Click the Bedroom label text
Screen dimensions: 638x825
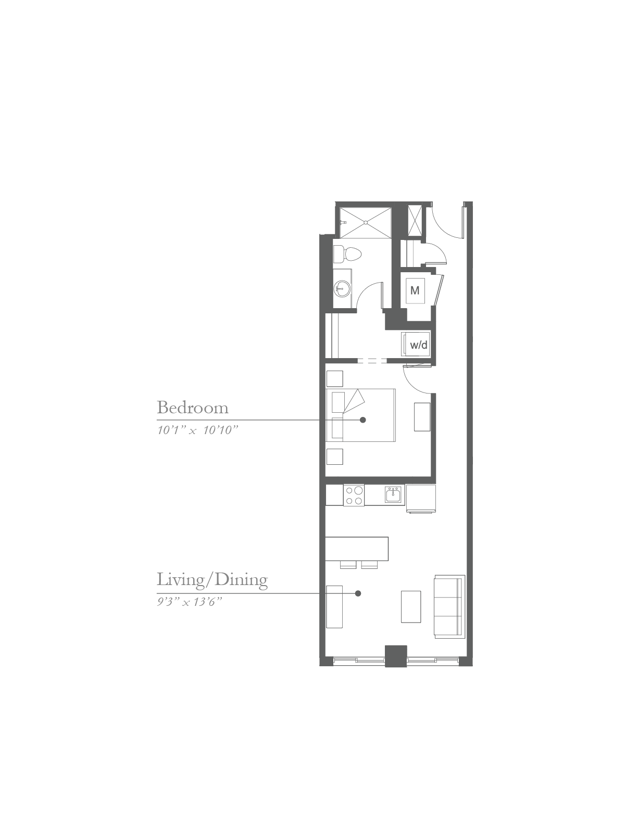tap(193, 408)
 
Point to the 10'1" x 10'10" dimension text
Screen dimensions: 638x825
tap(197, 430)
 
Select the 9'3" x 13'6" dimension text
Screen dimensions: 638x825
tap(190, 602)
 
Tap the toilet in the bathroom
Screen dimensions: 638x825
tap(347, 254)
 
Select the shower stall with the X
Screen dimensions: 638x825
tap(365, 222)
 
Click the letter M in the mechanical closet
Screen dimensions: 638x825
tap(415, 290)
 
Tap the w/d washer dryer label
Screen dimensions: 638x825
tap(419, 345)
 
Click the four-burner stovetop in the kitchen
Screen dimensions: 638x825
tap(354, 496)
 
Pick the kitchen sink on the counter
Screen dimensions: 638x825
tap(394, 495)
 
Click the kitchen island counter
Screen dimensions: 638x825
tap(357, 549)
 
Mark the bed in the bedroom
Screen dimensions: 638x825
tap(361, 415)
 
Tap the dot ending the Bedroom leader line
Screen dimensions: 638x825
tap(362, 420)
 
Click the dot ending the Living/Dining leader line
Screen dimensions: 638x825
tap(358, 593)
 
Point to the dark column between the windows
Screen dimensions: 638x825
tap(396, 656)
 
